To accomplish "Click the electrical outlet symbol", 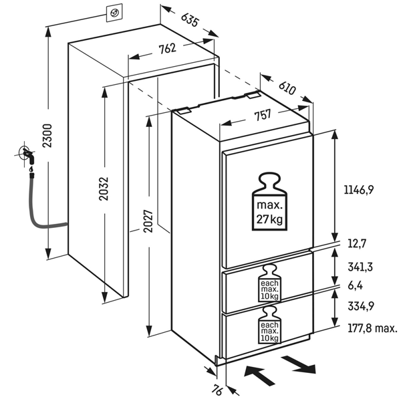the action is coord(114,13).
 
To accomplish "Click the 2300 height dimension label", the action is coord(47,135).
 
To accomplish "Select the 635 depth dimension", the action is coord(189,19).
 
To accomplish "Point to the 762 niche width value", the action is coord(167,49).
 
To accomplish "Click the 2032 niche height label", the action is coord(104,188).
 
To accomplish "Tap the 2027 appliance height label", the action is coord(148,221).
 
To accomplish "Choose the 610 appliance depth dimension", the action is coord(287,88).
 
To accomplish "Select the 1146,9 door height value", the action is coord(359,190).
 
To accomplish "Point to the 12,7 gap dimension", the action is coord(357,243).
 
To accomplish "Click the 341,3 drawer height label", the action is coord(360,267).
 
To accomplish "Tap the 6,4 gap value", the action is coord(356,285).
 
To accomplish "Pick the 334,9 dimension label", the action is coord(361,305).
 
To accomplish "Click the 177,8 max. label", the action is coord(373,328).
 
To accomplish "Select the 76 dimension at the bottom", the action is coord(217,390).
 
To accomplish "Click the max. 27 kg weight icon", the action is coord(269,202).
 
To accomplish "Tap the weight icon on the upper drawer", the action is coord(269,283).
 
